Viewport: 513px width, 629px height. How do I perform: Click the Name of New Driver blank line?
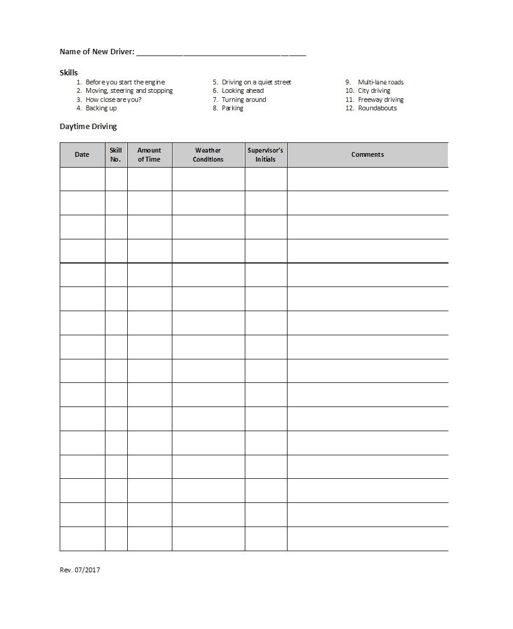coord(221,53)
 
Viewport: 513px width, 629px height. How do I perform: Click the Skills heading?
coord(68,72)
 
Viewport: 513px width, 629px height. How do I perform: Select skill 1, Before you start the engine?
coord(125,82)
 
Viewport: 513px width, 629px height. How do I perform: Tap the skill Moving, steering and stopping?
coord(129,90)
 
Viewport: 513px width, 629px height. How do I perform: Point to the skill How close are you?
coord(113,100)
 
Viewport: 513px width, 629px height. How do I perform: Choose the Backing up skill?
coord(101,108)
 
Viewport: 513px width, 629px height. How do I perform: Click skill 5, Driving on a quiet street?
coord(256,82)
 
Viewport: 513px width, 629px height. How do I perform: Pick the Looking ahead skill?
coord(242,90)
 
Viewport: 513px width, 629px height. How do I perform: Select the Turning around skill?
coord(244,100)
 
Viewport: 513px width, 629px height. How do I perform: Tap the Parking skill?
coord(232,108)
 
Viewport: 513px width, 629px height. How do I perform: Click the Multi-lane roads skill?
coord(380,82)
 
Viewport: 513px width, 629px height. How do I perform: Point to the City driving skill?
coord(374,90)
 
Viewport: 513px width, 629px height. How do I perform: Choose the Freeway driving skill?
coord(380,100)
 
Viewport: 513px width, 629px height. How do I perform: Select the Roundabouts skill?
coord(377,108)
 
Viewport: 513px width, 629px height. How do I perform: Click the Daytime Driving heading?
coord(88,127)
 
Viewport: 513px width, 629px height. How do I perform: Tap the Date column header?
coord(82,154)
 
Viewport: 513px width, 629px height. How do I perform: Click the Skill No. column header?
coord(116,154)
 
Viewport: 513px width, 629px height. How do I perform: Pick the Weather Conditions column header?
coord(208,154)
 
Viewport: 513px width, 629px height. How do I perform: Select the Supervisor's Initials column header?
coord(265,154)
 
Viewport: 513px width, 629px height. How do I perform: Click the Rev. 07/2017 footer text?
coord(80,570)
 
